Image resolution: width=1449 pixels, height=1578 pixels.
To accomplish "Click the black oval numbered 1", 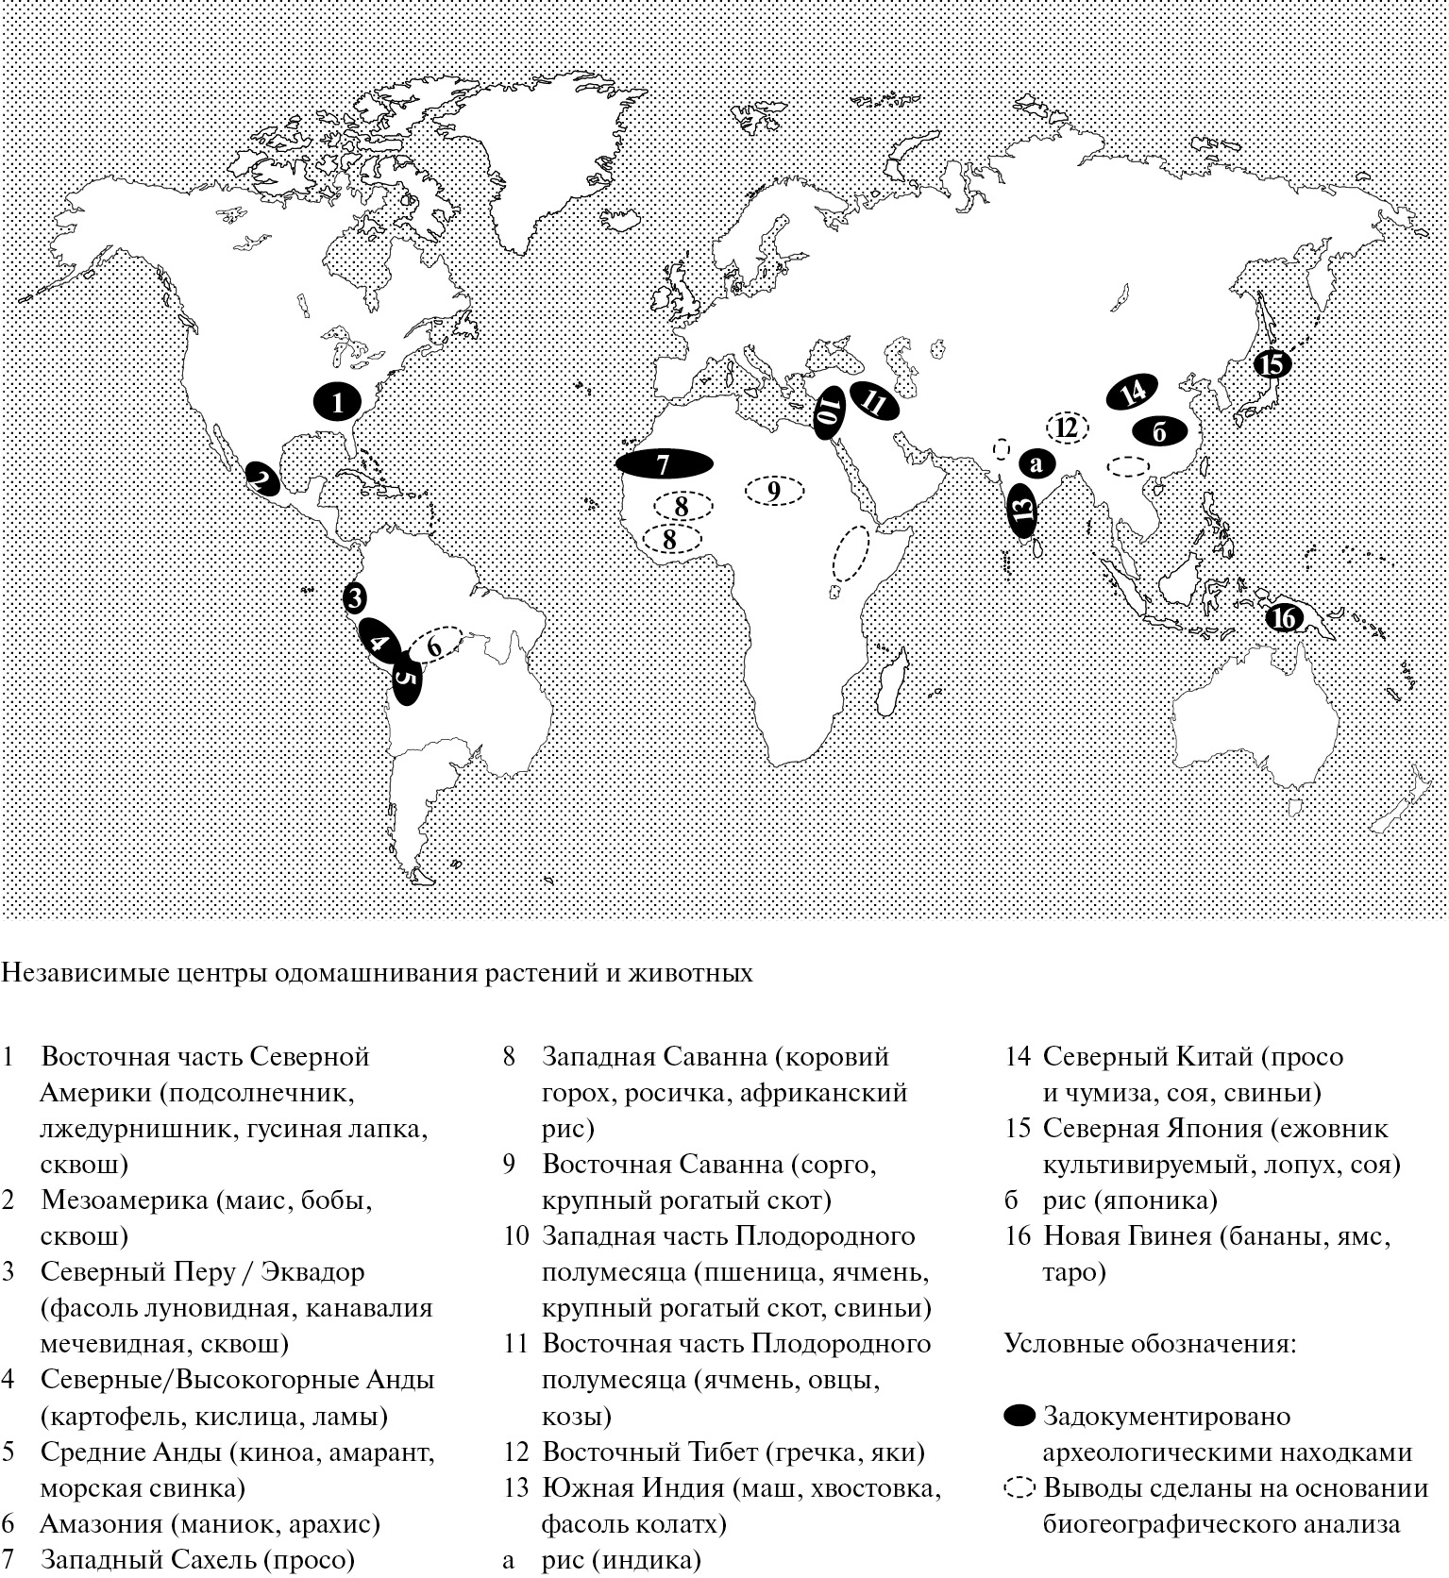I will click(337, 402).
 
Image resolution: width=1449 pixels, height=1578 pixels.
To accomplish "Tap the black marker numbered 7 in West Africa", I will click(664, 463).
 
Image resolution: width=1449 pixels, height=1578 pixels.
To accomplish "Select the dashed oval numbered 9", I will click(774, 491).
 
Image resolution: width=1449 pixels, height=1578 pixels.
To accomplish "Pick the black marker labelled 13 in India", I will click(1022, 511).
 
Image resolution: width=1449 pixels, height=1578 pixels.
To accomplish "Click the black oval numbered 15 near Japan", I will click(1272, 363).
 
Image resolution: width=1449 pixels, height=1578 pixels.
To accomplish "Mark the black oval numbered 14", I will click(1133, 392).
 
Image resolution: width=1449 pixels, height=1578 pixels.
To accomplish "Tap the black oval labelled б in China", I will click(1160, 431).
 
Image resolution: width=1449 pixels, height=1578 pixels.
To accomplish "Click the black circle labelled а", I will click(1036, 463).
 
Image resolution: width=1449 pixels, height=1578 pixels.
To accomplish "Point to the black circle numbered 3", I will click(354, 596).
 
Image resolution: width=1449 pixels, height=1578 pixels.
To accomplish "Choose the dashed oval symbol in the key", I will click(1019, 1488).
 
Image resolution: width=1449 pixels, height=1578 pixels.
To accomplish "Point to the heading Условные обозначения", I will click(1149, 1343).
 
